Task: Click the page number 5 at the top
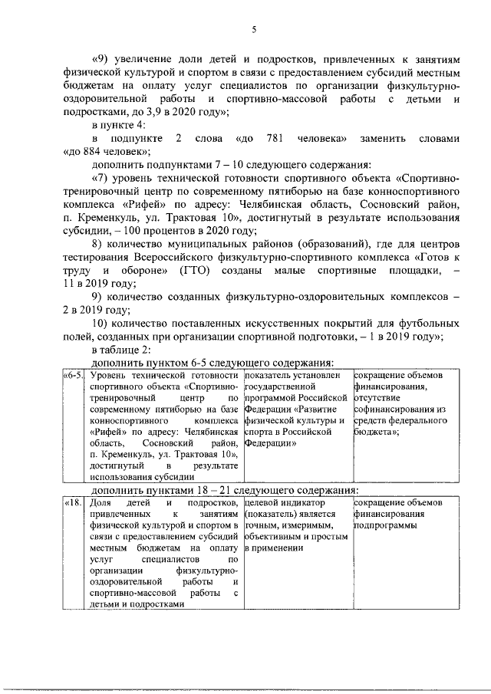click(253, 29)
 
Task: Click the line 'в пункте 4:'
click(117, 125)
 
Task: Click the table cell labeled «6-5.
click(73, 376)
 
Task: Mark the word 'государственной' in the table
click(278, 387)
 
